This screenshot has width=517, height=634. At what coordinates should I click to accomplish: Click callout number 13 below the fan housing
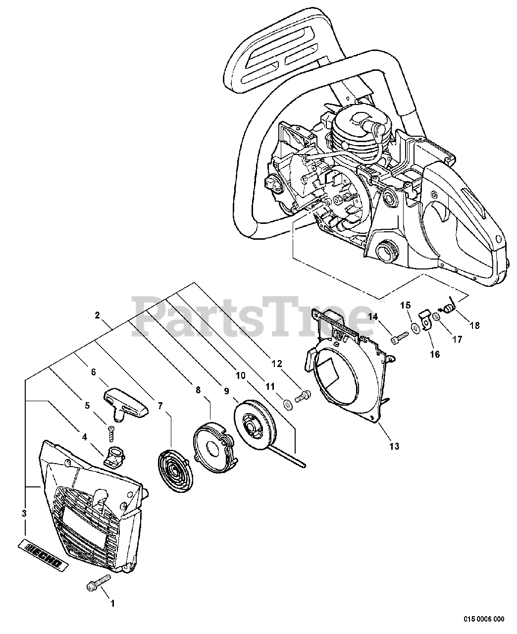click(x=394, y=446)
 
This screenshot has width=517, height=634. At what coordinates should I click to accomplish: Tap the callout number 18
click(x=474, y=325)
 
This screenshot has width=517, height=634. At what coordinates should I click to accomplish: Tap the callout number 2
click(x=97, y=315)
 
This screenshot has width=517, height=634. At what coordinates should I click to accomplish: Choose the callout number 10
click(x=241, y=376)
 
